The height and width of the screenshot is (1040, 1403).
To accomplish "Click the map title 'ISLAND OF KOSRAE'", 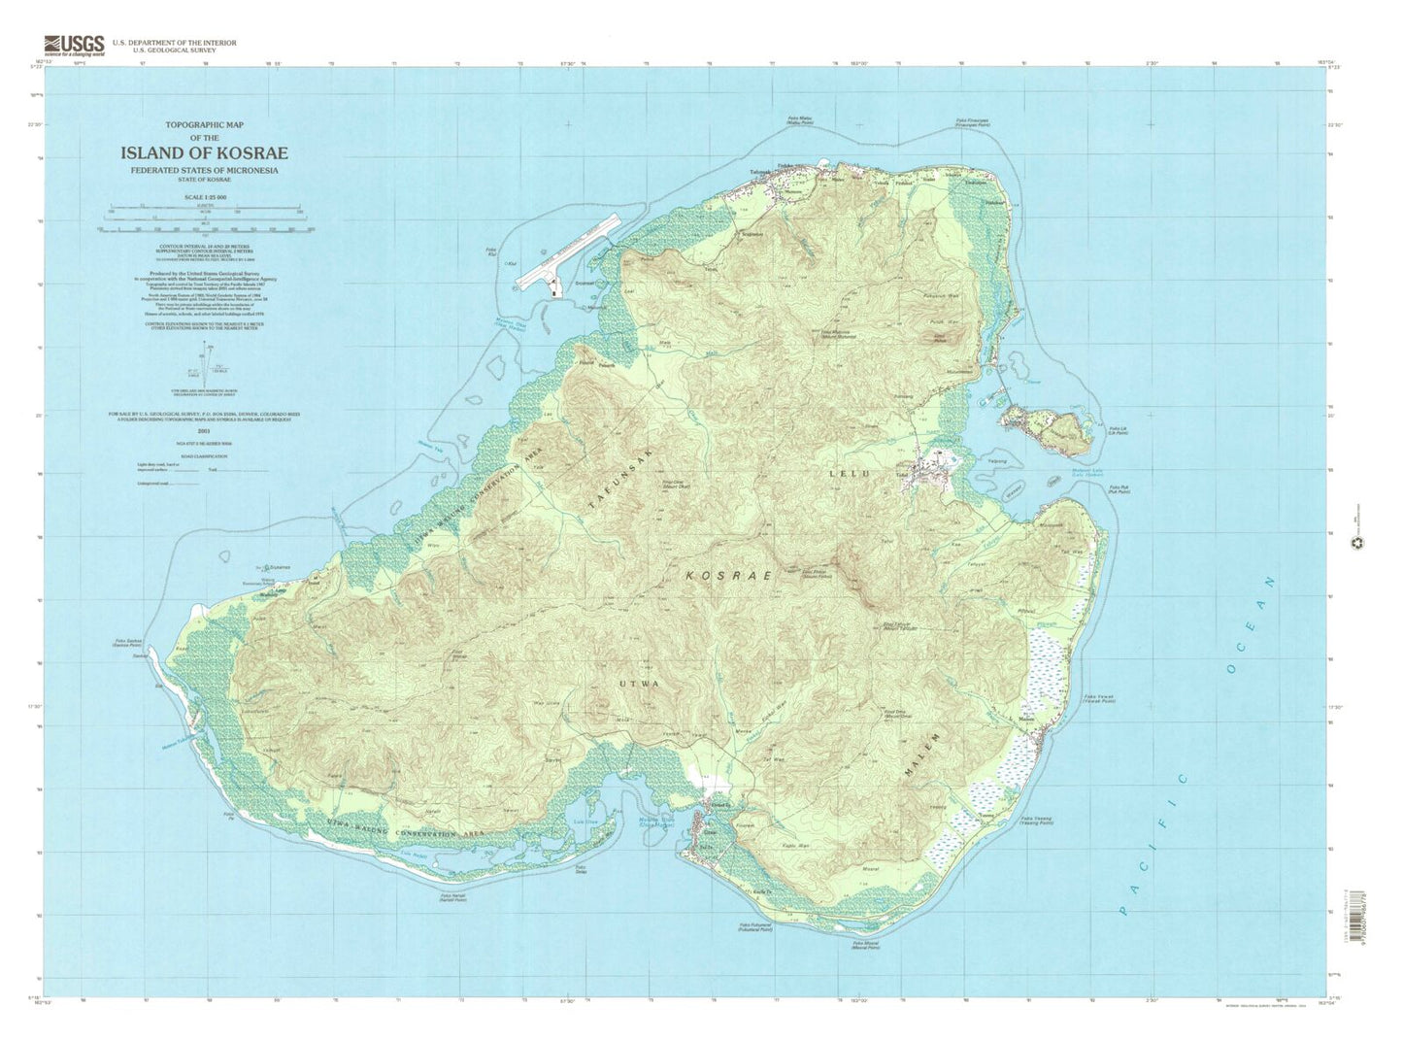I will (x=204, y=153).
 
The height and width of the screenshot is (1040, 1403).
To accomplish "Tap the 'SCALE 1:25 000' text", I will (x=204, y=197).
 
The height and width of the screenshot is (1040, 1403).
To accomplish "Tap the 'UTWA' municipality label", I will (x=639, y=684).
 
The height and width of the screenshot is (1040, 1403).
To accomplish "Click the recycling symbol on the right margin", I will (x=1356, y=544).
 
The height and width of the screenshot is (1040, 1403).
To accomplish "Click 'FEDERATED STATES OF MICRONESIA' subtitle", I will (x=204, y=171).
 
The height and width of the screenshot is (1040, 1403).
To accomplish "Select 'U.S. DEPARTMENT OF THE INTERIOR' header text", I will (x=174, y=43).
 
